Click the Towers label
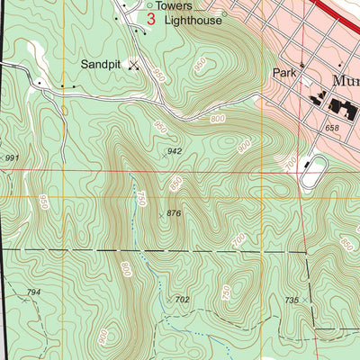(176, 4)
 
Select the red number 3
(150, 18)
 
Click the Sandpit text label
(101, 64)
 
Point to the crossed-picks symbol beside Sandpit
(135, 64)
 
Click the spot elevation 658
(334, 130)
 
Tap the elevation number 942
(175, 151)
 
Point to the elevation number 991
(11, 158)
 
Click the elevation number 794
(33, 293)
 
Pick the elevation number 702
(182, 299)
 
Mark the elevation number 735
(291, 300)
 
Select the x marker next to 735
(306, 299)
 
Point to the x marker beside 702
(167, 300)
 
